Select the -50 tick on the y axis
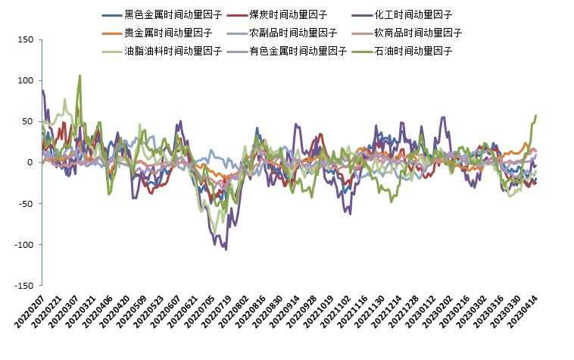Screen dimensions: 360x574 coord(24,204)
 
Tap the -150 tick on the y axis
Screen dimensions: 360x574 coord(23,286)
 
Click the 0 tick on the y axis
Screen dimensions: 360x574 coord(30,162)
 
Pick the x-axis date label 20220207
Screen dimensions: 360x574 coord(30,313)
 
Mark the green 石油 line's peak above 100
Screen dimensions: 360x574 coord(80,76)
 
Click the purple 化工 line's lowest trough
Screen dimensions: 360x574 coord(226,249)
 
